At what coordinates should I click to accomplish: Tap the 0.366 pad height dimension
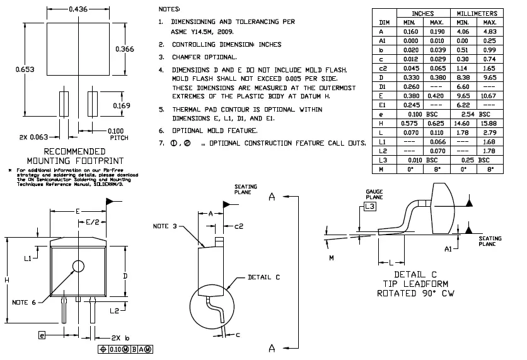point(125,49)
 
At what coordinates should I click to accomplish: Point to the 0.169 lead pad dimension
point(122,105)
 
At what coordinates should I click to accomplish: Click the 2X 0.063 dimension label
point(35,137)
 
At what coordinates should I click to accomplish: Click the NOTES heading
point(169,9)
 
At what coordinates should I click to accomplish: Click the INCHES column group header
point(422,13)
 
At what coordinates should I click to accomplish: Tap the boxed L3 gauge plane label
point(369,206)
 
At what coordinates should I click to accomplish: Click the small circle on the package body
point(78,265)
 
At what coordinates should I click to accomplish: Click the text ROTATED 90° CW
point(415,293)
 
